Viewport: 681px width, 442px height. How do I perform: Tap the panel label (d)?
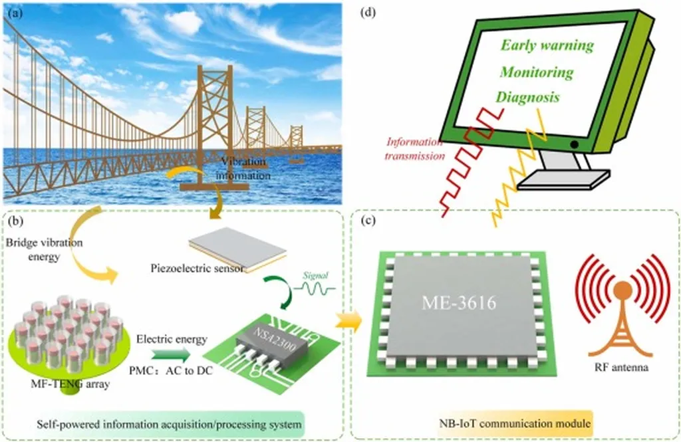click(366, 11)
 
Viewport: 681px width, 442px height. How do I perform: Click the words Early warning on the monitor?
click(547, 46)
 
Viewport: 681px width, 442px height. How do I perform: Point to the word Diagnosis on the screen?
click(527, 97)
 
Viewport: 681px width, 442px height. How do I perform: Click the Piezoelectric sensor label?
click(192, 269)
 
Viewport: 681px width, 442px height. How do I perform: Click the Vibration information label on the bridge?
click(247, 169)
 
